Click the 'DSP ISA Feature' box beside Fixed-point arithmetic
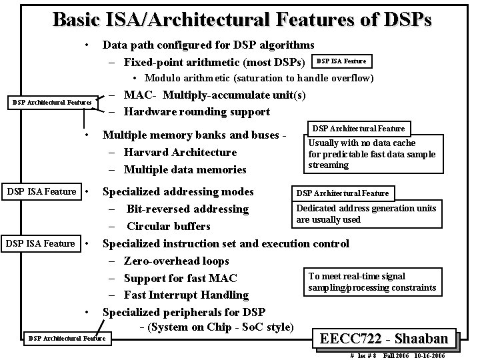[x=341, y=61]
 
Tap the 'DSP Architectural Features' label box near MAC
[x=53, y=102]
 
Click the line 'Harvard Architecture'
[x=180, y=153]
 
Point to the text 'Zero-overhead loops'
[x=177, y=261]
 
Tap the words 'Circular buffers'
[x=168, y=226]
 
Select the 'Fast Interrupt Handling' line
[x=186, y=295]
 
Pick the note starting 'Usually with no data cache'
[x=372, y=154]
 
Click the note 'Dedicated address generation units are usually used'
[x=366, y=214]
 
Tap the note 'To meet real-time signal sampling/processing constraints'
[x=371, y=282]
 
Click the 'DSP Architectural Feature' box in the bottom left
[x=67, y=339]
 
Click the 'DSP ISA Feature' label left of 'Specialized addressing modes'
[x=41, y=192]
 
